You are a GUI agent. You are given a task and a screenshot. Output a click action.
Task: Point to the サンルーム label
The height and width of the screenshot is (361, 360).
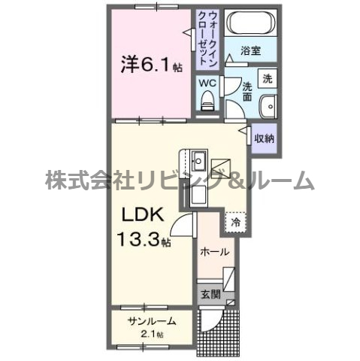151,321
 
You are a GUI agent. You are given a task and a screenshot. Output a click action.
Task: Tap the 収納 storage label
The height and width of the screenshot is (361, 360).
263,138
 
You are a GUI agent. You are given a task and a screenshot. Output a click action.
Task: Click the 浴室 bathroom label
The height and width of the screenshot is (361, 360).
251,52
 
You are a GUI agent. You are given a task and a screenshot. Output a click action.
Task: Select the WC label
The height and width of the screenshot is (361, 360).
207,83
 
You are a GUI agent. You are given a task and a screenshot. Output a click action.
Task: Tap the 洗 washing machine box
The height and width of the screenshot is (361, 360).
267,77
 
